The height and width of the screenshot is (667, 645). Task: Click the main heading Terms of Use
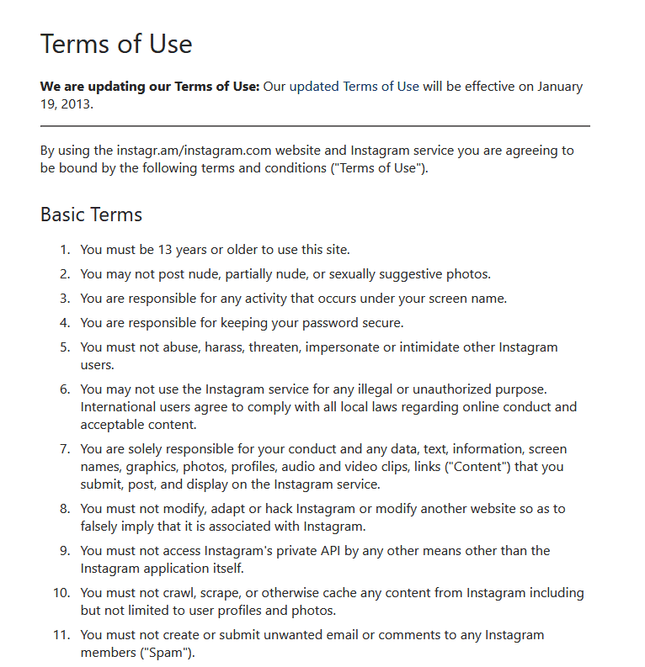pyautogui.click(x=116, y=44)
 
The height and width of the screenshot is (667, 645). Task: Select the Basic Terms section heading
pyautogui.click(x=91, y=214)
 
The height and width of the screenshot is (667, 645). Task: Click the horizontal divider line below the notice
pyautogui.click(x=315, y=126)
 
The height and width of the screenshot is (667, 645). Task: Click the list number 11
pyautogui.click(x=61, y=635)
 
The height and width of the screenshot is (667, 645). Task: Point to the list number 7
pyautogui.click(x=65, y=448)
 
